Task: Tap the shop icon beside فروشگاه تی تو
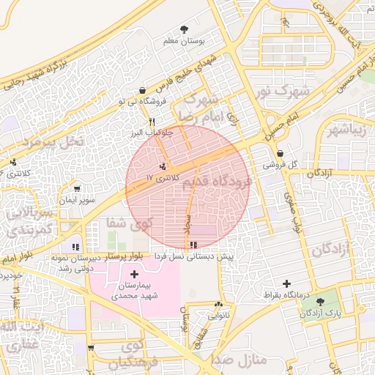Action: click(141, 90)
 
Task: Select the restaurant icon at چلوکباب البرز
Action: click(152, 122)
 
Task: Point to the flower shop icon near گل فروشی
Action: click(280, 154)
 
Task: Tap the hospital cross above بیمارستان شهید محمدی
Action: click(134, 273)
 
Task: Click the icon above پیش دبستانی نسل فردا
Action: click(192, 245)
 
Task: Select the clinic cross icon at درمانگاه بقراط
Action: click(286, 283)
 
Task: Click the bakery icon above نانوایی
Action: click(218, 305)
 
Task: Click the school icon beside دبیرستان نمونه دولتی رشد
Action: click(75, 247)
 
